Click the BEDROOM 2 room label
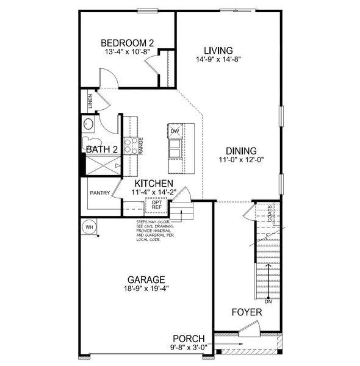click(127, 43)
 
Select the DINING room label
click(240, 151)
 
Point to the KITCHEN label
click(154, 183)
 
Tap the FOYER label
click(247, 312)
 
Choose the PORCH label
click(189, 339)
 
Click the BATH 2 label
click(101, 149)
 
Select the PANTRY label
click(99, 193)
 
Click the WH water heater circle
click(89, 227)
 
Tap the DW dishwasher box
click(175, 132)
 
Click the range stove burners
click(131, 145)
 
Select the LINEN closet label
click(90, 99)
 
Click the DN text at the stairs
click(268, 301)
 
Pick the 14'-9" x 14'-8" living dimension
click(218, 60)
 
